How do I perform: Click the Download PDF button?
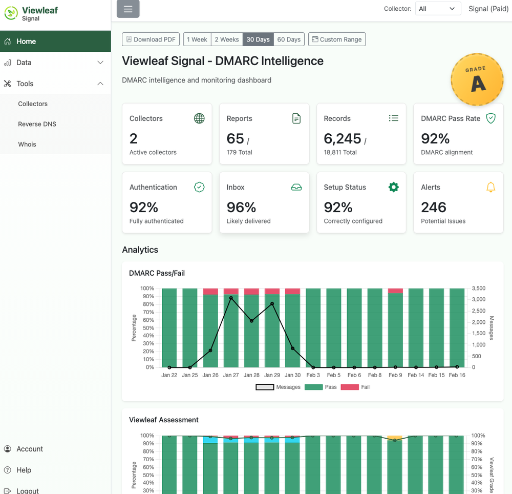tap(151, 39)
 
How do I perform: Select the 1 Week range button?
tap(197, 39)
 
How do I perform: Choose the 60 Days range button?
tap(289, 39)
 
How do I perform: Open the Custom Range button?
tap(337, 39)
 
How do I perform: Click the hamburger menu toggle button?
tap(128, 9)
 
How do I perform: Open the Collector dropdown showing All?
tap(436, 9)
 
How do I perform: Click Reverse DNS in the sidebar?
tap(37, 124)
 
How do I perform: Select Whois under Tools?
tap(27, 144)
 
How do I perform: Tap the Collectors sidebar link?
tap(33, 104)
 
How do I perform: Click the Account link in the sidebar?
tap(30, 449)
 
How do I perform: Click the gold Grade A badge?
tap(477, 80)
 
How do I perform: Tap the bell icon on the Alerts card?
tap(490, 188)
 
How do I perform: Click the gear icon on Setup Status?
tap(393, 188)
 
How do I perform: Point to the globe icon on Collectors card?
tap(199, 118)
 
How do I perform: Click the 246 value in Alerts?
tap(434, 207)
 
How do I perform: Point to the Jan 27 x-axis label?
tap(231, 375)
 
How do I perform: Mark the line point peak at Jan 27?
tap(231, 298)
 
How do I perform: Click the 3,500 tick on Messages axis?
tap(479, 289)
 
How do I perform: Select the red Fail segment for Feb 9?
tap(395, 291)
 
